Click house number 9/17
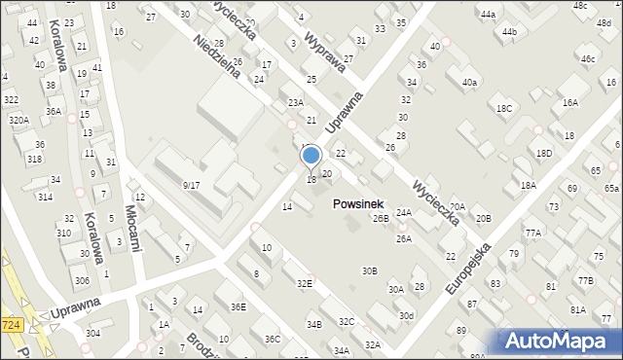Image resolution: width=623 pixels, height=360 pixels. [191, 185]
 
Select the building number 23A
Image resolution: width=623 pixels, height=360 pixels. [295, 102]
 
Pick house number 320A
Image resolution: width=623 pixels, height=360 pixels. [18, 120]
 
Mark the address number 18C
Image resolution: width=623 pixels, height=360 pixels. [503, 109]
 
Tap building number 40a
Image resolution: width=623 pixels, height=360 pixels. [469, 83]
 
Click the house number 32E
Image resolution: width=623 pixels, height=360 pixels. [305, 283]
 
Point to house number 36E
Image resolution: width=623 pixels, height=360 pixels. [238, 306]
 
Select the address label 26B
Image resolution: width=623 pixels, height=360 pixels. [381, 219]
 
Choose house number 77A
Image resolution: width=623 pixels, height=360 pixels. [532, 234]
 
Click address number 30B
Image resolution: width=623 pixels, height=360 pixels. [369, 270]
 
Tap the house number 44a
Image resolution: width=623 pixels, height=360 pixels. [487, 15]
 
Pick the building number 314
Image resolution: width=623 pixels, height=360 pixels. [45, 197]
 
